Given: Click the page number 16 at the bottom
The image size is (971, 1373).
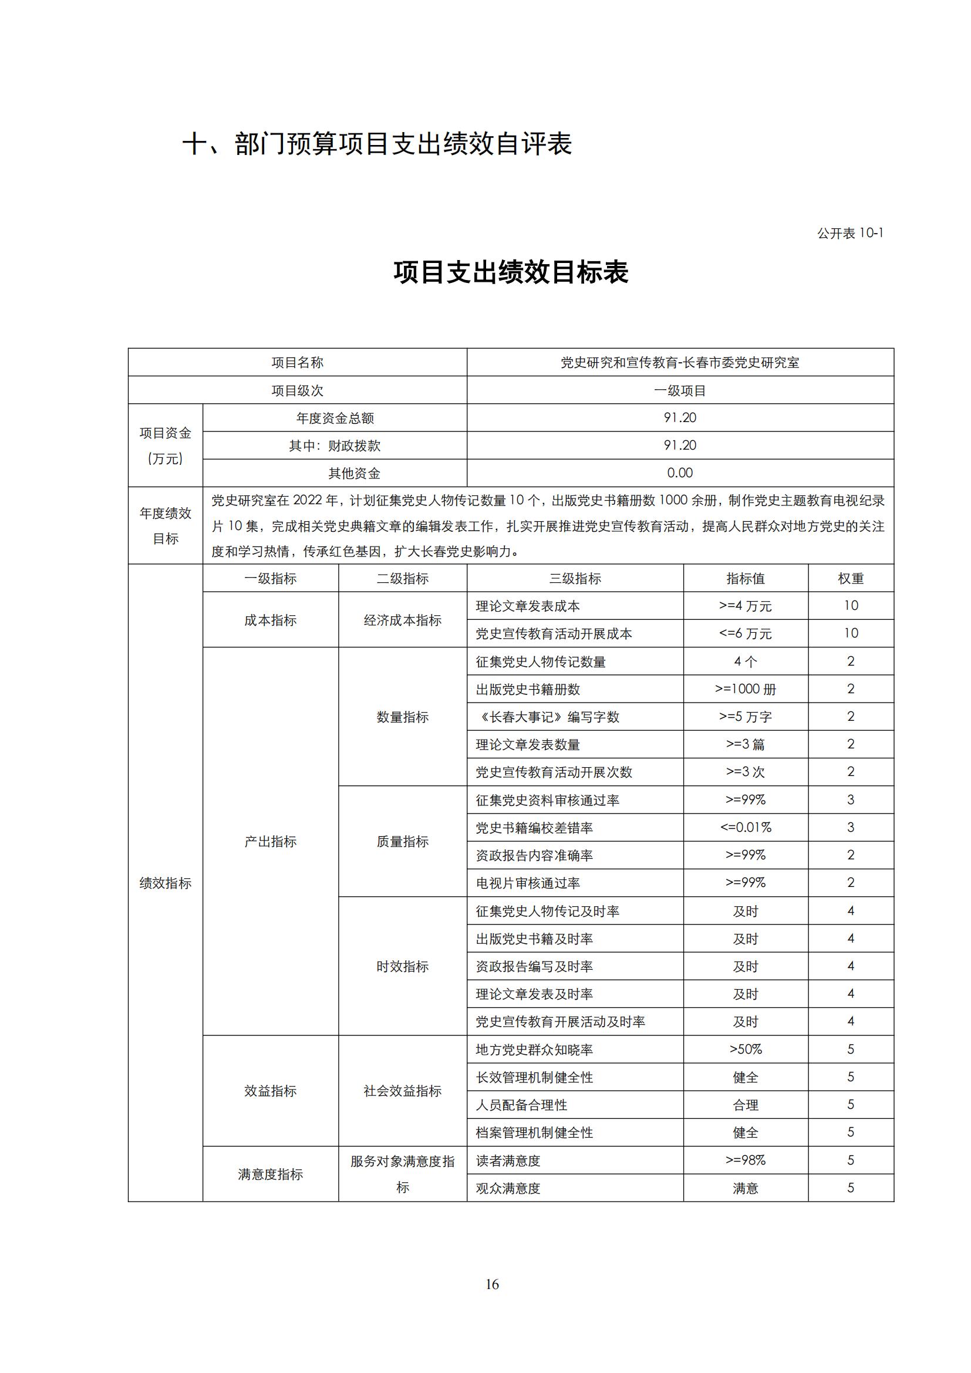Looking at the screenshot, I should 492,1284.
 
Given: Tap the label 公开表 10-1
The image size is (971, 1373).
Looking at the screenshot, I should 849,233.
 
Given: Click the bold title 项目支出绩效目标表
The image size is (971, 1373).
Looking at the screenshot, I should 511,273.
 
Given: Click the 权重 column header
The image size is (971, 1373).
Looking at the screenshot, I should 850,578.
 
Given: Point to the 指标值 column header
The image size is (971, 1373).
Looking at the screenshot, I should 745,578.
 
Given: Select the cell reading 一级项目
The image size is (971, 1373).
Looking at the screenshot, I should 680,390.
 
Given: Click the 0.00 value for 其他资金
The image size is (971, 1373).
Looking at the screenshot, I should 680,473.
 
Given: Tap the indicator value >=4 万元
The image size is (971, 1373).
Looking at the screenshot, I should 745,606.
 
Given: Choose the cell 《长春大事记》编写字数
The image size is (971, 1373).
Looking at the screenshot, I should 548,717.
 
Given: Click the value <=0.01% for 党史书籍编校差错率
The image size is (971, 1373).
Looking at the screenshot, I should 745,828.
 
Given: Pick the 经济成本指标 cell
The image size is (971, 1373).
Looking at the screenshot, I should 402,620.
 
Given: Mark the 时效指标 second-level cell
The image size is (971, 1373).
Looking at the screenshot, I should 402,966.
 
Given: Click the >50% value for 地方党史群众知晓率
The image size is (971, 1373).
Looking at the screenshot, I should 745,1050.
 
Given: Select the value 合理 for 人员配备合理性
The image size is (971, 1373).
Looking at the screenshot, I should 745,1105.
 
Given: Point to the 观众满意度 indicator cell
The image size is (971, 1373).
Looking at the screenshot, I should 508,1188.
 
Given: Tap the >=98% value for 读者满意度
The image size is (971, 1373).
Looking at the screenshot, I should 745,1160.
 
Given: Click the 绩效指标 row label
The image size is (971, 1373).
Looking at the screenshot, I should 166,883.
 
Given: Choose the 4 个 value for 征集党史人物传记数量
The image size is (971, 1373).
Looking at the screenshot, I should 745,662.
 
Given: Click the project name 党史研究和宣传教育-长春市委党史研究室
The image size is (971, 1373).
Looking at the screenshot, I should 680,362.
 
